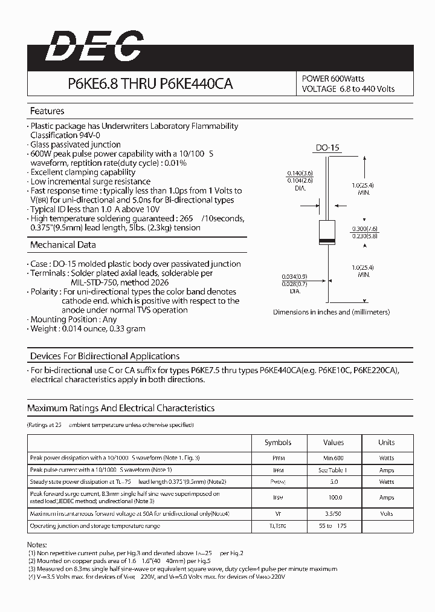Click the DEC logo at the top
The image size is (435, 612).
click(95, 47)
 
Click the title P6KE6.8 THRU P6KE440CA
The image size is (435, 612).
click(145, 85)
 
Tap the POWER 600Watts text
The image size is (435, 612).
click(333, 79)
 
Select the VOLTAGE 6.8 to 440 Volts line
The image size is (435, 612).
click(348, 89)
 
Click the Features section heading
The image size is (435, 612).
click(47, 111)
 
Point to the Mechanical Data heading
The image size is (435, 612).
click(63, 245)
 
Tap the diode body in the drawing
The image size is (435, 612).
click(327, 234)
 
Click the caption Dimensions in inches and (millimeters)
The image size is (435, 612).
click(331, 312)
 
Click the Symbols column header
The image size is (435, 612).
click(278, 443)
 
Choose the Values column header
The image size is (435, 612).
click(333, 443)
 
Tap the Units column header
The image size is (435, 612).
click(386, 443)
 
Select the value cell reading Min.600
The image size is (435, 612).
click(333, 458)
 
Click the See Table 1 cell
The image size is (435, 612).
click(333, 470)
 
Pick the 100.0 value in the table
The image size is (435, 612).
click(333, 498)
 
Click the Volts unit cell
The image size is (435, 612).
click(386, 514)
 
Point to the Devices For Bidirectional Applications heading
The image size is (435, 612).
click(105, 356)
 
